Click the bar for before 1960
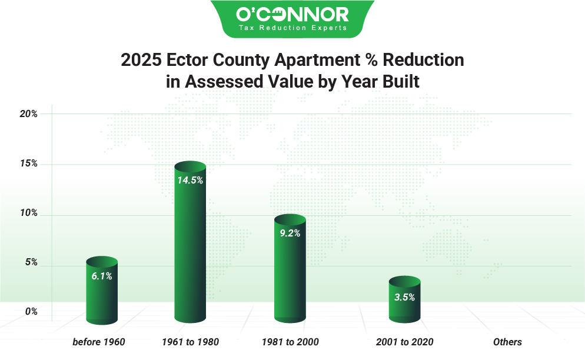click(x=102, y=294)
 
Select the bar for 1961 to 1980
click(x=190, y=247)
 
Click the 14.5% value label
click(x=190, y=181)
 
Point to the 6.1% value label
click(x=102, y=275)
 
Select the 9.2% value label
click(x=290, y=233)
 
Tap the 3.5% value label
click(x=404, y=297)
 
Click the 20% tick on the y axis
click(x=28, y=114)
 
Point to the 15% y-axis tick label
click(x=28, y=164)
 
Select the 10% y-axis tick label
click(x=28, y=213)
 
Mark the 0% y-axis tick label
click(x=31, y=312)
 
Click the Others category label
click(x=507, y=342)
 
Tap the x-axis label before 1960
click(x=99, y=342)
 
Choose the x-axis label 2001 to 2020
click(x=404, y=342)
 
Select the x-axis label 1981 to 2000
click(x=290, y=342)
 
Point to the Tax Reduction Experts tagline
click(x=292, y=28)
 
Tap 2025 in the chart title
click(x=141, y=60)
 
